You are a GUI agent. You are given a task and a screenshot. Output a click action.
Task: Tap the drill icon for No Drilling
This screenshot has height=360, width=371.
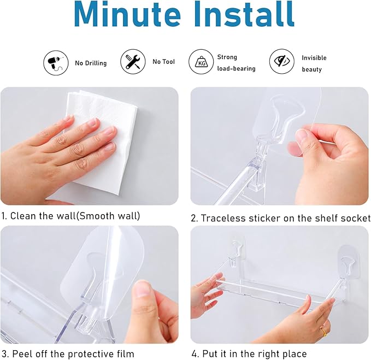(x=56, y=62)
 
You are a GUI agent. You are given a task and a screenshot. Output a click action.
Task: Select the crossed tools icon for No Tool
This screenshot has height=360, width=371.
(x=133, y=61)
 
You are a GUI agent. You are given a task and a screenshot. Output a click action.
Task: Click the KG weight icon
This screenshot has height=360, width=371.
(x=201, y=62)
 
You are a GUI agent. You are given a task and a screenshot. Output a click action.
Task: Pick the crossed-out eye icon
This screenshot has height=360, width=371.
(x=282, y=62)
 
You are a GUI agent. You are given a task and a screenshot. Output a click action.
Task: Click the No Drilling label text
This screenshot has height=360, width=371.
(x=91, y=63)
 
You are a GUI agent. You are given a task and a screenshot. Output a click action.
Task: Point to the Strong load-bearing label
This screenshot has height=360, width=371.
(x=235, y=63)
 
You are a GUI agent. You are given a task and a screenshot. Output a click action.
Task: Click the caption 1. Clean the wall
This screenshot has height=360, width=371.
(x=70, y=216)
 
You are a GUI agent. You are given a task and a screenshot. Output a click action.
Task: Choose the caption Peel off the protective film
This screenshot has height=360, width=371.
(x=68, y=353)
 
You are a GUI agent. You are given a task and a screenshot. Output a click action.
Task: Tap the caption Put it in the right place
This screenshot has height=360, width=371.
(x=249, y=353)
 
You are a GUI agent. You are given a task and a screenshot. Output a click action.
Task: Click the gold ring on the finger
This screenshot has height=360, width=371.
(x=324, y=331)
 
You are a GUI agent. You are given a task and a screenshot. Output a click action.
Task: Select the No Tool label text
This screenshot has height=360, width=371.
(x=164, y=62)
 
